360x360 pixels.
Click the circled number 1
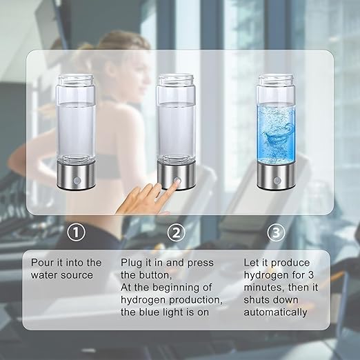(x=77, y=232)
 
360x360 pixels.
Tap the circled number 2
(x=177, y=232)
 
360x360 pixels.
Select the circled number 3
(x=277, y=232)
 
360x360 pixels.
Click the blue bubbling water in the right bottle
(x=277, y=128)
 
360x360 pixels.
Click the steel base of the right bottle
(x=277, y=179)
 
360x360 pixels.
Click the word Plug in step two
(x=133, y=263)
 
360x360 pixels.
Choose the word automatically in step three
(x=275, y=312)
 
